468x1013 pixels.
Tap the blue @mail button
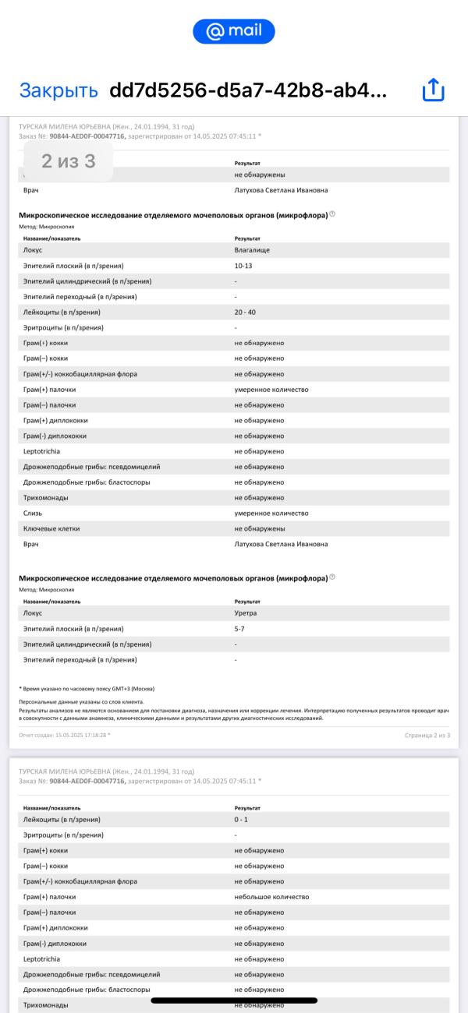(234, 31)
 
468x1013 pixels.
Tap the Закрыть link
(58, 90)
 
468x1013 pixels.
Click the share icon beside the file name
(433, 90)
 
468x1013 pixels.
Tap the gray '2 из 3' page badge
(69, 161)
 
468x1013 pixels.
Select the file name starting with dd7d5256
(247, 90)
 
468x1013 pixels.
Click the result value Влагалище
(253, 250)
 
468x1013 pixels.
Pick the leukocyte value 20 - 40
(250, 312)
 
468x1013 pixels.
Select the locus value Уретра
(246, 613)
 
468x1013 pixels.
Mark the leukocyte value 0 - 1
(242, 820)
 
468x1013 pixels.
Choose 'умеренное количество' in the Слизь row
(271, 514)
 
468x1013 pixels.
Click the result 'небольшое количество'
(271, 897)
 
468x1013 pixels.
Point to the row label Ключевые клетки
(51, 529)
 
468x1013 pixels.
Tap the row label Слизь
(34, 514)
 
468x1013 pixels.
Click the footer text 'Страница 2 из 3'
(427, 735)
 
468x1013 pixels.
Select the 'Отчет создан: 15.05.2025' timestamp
(65, 735)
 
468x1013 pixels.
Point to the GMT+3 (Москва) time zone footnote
(87, 689)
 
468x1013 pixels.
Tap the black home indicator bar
(234, 1000)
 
